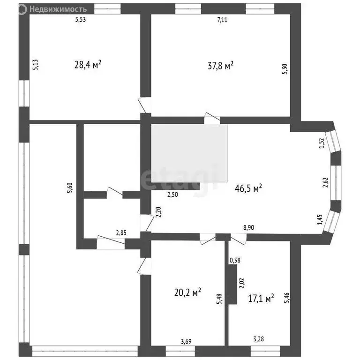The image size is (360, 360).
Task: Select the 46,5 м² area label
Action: pos(248,188)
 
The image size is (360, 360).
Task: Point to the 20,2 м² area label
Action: pos(187,292)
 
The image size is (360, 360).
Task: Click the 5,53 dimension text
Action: pos(82,20)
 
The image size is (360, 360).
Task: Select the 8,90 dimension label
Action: pos(249,227)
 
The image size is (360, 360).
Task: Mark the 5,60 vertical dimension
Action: pos(70,187)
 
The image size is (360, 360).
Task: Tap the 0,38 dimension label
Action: pos(235,261)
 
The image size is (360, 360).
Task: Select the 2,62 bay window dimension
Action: pos(324,180)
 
